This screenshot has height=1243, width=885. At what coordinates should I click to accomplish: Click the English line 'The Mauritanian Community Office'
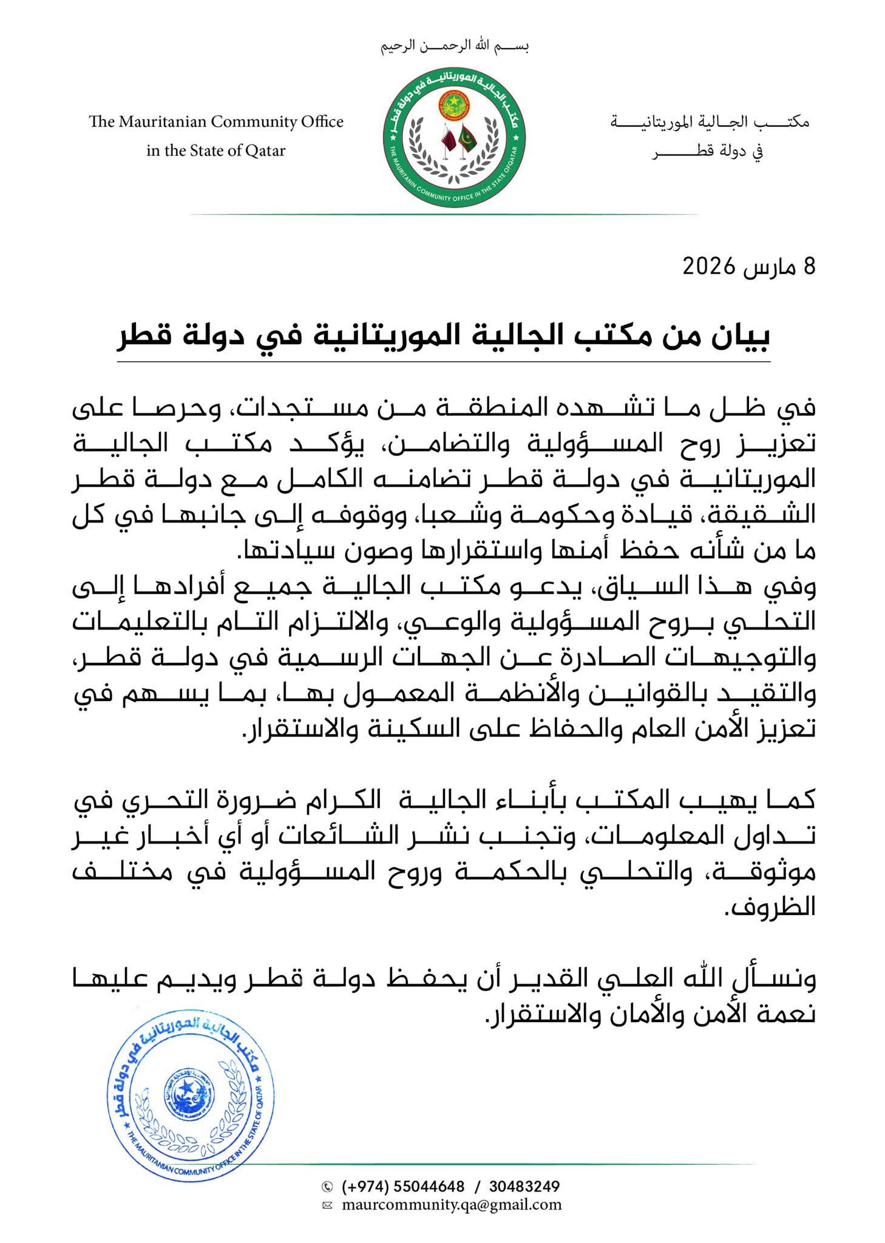pos(216,122)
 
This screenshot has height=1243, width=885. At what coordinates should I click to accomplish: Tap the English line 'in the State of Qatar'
pos(215,151)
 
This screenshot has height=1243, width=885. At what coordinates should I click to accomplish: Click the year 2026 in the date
pos(710,266)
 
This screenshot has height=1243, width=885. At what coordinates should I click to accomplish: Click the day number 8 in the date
pos(809,266)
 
